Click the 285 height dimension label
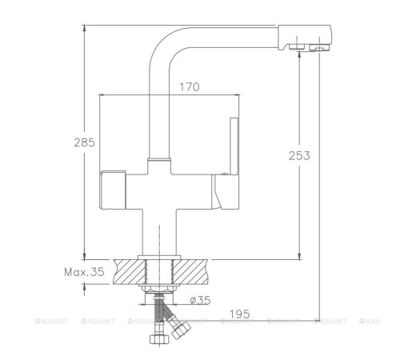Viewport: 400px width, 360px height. tap(84, 143)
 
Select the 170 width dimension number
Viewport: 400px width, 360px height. tap(190, 86)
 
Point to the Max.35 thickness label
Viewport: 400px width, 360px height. tap(85, 273)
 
